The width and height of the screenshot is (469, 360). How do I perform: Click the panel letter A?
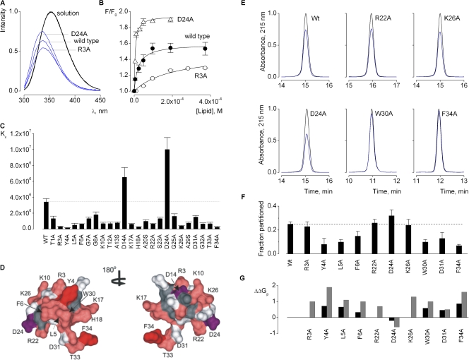[x=4, y=4]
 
